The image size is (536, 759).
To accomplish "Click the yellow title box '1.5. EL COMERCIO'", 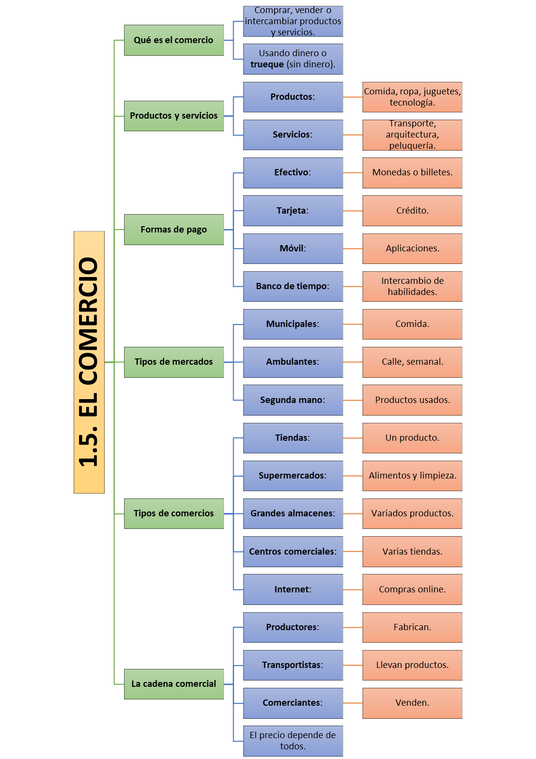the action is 89,362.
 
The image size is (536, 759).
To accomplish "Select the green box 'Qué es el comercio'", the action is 173,40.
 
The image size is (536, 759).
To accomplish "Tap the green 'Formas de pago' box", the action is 173,230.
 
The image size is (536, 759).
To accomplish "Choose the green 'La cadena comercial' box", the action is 173,684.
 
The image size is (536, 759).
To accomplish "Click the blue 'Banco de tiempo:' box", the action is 293,286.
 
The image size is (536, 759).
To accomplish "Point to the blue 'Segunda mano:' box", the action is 293,400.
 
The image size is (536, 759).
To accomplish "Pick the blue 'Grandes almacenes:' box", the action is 293,513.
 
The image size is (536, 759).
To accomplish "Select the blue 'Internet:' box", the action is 293,589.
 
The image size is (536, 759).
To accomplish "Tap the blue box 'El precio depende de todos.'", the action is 293,741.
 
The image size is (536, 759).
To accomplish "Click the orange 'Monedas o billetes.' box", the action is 412,172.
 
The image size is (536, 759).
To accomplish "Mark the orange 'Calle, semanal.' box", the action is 412,362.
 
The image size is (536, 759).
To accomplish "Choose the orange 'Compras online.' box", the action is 412,589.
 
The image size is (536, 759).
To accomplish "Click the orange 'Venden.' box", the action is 412,703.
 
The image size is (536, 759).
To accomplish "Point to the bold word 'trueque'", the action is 267,64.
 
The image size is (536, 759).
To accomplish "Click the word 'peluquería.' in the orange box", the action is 412,146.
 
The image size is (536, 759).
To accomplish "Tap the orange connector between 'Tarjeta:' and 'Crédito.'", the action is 353,211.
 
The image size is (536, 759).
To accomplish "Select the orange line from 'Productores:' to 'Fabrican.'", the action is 353,627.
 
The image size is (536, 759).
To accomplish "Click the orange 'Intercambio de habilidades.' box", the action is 412,286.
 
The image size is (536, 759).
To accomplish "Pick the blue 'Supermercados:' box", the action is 293,475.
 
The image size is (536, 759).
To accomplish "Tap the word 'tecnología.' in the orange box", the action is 412,103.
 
